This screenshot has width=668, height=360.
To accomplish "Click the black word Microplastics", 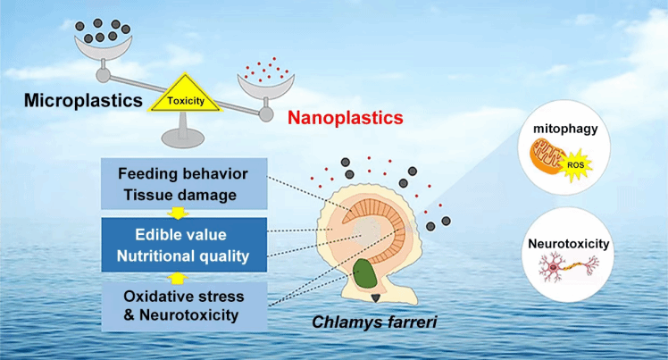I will click(71, 98).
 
